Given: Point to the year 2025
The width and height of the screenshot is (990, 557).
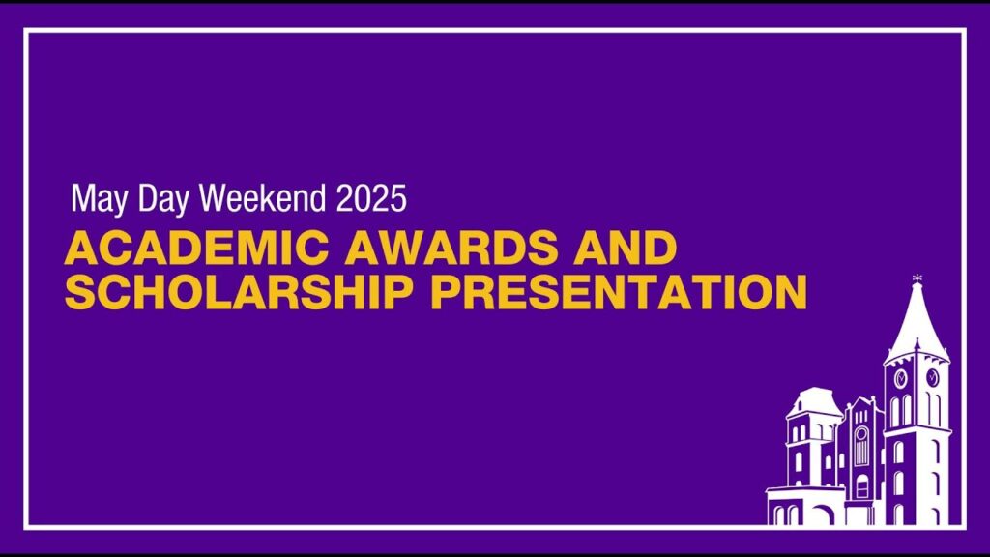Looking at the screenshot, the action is [x=371, y=198].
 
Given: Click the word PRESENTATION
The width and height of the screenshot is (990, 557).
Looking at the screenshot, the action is [x=619, y=291].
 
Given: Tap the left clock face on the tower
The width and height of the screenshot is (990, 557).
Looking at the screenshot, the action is [x=901, y=378].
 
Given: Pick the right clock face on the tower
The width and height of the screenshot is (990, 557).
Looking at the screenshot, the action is [x=933, y=378].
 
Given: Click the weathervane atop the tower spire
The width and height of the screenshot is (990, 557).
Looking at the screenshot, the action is [x=917, y=278].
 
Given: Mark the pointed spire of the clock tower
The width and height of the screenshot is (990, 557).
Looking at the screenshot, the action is [x=917, y=322].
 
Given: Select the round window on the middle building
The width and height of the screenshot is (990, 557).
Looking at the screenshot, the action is [x=860, y=434].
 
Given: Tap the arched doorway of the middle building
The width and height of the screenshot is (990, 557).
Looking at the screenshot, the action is [x=861, y=487].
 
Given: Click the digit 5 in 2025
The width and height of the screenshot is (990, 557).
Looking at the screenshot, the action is [x=398, y=199].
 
